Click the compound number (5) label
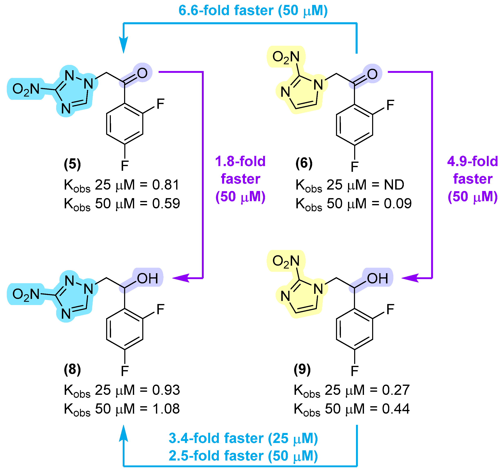[72, 164]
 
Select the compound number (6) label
[304, 163]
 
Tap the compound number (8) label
[72, 370]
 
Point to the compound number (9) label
[302, 369]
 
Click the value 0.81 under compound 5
[166, 185]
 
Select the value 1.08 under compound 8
[166, 409]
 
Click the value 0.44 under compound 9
[396, 409]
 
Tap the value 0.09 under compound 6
[397, 204]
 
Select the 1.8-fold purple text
[240, 161]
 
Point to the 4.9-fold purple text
[472, 161]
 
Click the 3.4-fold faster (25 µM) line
[243, 438]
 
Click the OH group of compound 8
[148, 279]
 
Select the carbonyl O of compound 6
[372, 74]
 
